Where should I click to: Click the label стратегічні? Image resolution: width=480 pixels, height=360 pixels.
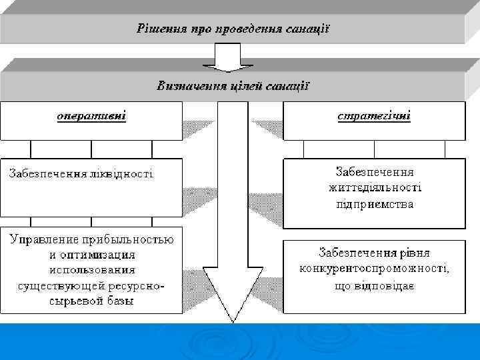374,116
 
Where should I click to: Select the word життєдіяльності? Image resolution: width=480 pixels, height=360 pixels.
374,187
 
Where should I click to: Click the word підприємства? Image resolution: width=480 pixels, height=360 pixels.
374,204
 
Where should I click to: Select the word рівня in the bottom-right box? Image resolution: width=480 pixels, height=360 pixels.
416,253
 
